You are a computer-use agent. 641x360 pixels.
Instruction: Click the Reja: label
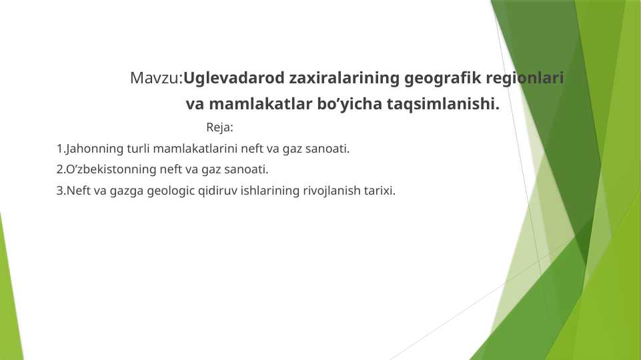pyautogui.click(x=219, y=127)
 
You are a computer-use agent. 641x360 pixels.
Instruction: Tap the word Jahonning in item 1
pyautogui.click(x=90, y=148)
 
